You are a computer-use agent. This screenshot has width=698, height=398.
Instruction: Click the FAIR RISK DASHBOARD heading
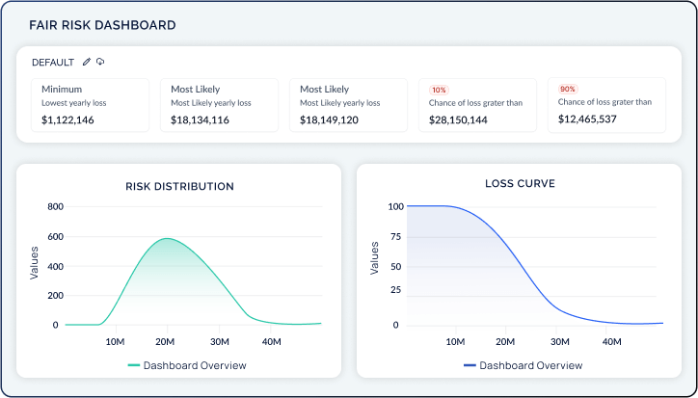[102, 25]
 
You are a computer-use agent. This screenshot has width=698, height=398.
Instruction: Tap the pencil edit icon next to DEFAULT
[87, 62]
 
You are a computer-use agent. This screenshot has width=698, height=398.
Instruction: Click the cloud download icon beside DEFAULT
[100, 62]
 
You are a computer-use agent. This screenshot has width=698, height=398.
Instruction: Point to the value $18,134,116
[200, 120]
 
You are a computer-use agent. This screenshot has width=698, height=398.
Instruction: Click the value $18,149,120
[329, 120]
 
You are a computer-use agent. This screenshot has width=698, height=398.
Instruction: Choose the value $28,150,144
[458, 120]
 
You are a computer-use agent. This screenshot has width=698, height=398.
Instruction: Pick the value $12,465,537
[588, 120]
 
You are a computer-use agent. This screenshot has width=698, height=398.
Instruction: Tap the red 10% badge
[439, 89]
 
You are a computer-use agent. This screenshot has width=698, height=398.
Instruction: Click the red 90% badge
[568, 89]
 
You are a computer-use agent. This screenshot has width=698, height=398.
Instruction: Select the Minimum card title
[62, 88]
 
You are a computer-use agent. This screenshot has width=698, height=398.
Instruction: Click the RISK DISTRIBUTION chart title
[179, 186]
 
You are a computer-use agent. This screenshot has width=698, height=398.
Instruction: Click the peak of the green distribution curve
[166, 238]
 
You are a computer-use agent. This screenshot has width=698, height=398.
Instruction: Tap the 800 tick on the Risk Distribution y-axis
[55, 207]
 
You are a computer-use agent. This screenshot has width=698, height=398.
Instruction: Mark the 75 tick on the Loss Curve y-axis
[394, 235]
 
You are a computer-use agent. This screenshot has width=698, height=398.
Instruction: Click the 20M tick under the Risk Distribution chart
[166, 341]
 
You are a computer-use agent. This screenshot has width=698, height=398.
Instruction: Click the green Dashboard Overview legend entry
[186, 365]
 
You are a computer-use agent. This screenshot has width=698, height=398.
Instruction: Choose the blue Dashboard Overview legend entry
[523, 365]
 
